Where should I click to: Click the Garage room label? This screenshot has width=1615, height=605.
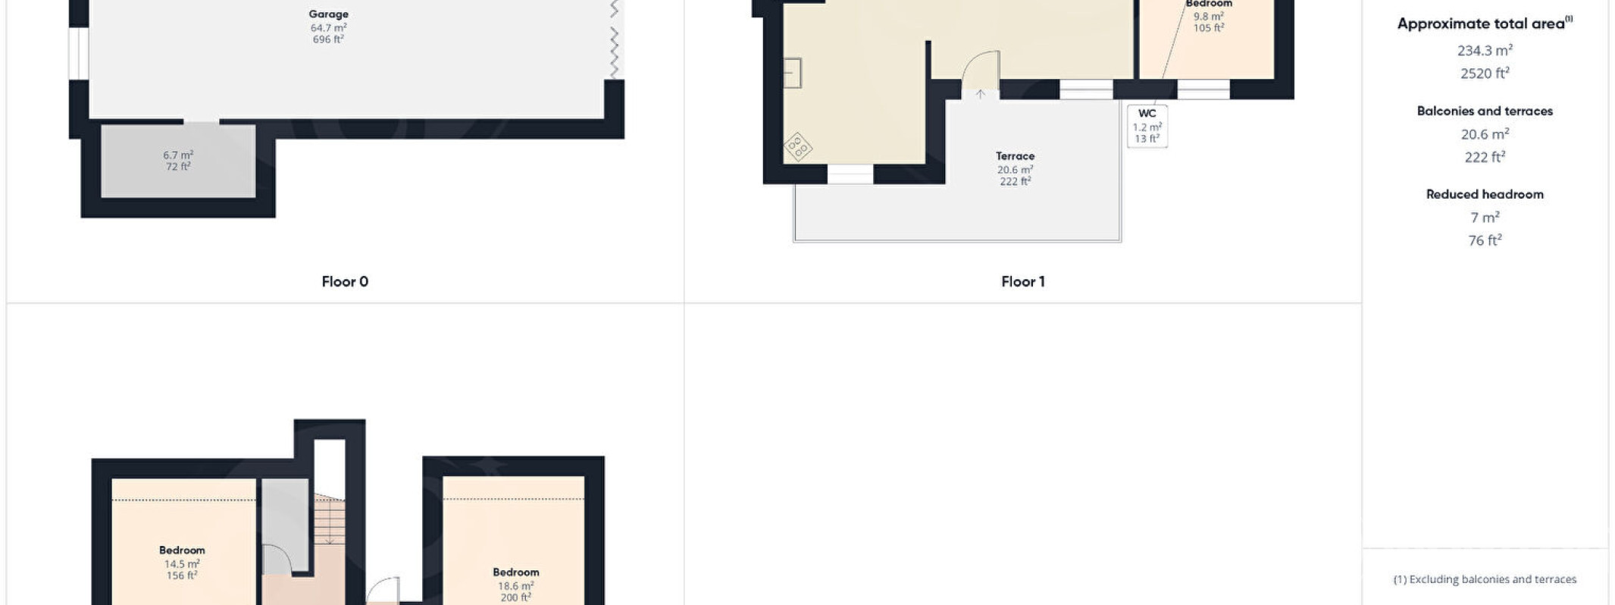coord(328,14)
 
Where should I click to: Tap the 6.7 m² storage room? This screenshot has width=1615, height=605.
coord(178,161)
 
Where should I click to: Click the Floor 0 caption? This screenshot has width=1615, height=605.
coord(345,281)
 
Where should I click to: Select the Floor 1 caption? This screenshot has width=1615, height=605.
coord(1022,281)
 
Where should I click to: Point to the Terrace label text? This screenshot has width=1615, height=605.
coord(1015,155)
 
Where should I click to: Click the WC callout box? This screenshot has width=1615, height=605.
coord(1147,126)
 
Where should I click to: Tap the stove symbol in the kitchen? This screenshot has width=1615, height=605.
coord(797,147)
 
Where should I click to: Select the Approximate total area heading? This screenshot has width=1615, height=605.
coord(1485,24)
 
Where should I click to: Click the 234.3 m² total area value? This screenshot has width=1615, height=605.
coord(1485,50)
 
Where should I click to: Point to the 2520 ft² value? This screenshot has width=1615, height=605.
coord(1485,73)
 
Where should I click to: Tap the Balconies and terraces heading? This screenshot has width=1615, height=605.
coord(1485,111)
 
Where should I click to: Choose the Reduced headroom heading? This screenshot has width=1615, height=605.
coord(1485,194)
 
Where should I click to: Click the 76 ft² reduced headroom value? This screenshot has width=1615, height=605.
coord(1485,240)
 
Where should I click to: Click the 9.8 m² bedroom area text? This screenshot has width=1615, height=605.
coord(1208,17)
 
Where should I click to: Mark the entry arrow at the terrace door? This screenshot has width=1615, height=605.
coord(980,94)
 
